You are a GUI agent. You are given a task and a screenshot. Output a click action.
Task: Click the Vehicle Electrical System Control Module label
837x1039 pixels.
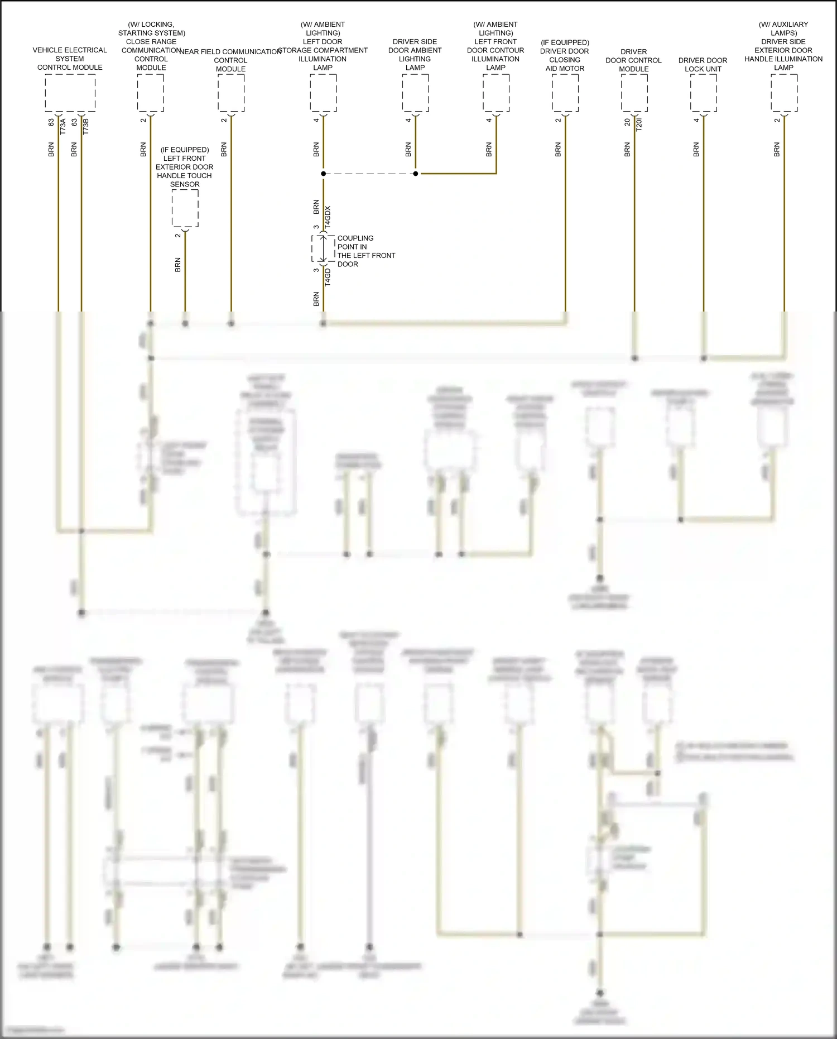[x=70, y=59]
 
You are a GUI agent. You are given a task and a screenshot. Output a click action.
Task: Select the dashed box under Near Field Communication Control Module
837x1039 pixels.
[x=231, y=93]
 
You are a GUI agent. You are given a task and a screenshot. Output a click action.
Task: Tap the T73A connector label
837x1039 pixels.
[x=63, y=126]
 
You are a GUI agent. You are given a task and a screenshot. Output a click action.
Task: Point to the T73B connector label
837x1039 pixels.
[x=86, y=126]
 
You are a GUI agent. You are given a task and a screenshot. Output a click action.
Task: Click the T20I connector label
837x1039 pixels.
[x=639, y=124]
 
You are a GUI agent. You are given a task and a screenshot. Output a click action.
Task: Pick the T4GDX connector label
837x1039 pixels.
[x=328, y=217]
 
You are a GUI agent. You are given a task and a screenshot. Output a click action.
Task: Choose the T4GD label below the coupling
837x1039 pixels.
[x=328, y=277]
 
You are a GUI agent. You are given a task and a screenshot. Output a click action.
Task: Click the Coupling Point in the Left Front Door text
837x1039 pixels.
[x=365, y=251]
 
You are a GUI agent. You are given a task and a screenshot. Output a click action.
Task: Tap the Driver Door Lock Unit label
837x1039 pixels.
[x=703, y=65]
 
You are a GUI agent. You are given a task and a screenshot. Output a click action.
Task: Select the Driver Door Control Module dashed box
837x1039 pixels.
[x=634, y=93]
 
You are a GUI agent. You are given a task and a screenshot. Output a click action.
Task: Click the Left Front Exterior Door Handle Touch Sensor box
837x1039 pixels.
[x=185, y=208]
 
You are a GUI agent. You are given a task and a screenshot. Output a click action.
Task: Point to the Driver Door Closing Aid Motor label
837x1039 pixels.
[x=565, y=55]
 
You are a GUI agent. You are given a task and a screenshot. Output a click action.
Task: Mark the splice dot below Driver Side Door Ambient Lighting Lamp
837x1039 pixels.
[x=416, y=174]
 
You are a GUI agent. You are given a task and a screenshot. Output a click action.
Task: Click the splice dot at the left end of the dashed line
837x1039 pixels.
[x=324, y=174]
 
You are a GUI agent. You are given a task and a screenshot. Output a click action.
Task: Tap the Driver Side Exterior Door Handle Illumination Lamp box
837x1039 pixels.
[x=784, y=93]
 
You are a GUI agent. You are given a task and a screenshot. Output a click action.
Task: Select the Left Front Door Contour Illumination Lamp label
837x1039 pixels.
[x=496, y=46]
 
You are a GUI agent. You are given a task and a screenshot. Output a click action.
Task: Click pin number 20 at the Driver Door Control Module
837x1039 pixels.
[x=628, y=122]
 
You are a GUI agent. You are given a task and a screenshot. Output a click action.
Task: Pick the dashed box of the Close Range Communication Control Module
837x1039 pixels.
[x=151, y=93]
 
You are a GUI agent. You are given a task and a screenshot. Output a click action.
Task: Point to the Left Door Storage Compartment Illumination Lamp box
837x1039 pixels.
[x=323, y=93]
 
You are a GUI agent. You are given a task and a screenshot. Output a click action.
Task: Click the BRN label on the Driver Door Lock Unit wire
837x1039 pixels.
[x=696, y=150]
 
